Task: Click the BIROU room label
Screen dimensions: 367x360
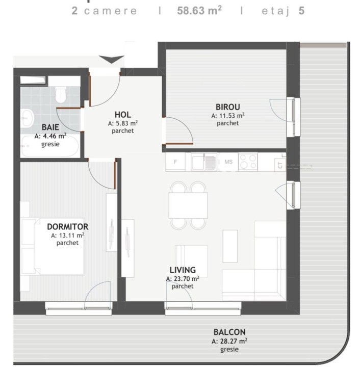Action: tap(225, 108)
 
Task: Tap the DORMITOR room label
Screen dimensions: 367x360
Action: tap(67, 227)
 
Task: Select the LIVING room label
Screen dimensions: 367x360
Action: tap(183, 270)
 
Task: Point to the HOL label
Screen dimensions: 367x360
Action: tap(123, 115)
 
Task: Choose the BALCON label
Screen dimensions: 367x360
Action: tap(229, 331)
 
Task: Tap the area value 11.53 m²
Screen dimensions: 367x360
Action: tap(228, 116)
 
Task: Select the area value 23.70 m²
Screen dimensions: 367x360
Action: tap(183, 279)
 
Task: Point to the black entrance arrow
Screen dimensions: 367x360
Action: tap(111, 60)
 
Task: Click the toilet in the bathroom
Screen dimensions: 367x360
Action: tap(61, 93)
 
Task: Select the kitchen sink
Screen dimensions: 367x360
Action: tap(204, 162)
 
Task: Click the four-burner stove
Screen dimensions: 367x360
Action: tap(248, 162)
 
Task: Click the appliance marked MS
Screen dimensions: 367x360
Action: tap(228, 162)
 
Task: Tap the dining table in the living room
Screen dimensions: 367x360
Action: tap(188, 205)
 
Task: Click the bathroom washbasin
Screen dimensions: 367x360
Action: tap(27, 118)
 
